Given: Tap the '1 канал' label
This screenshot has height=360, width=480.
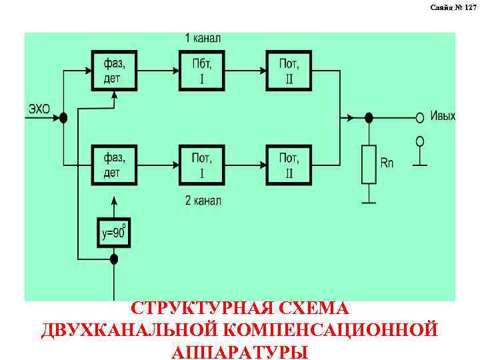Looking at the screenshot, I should click(201, 38).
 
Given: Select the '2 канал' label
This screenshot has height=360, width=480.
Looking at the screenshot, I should click(201, 200).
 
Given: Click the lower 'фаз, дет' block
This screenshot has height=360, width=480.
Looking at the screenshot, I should click(115, 165).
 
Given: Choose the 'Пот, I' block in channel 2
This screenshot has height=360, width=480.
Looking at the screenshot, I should click(202, 165).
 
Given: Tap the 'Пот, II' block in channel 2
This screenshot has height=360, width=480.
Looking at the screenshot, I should click(289, 165).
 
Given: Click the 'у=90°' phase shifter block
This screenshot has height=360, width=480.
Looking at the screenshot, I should click(114, 233).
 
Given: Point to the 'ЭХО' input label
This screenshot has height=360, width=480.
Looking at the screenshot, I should click(39, 109).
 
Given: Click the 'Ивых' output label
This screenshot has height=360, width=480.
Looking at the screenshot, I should click(443, 116).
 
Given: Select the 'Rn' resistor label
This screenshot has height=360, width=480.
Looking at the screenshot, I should click(388, 162).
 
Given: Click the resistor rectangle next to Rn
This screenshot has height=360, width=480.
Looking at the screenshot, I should click(369, 163).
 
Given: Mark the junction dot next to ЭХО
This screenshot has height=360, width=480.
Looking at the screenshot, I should click(63, 118).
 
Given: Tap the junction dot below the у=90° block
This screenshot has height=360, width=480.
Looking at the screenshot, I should click(114, 259).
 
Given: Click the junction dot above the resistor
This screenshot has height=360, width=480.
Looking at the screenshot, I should click(369, 118).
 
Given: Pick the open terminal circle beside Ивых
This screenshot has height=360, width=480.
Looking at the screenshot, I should click(420, 118).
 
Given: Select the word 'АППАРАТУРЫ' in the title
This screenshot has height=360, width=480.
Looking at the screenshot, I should click(239, 351).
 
